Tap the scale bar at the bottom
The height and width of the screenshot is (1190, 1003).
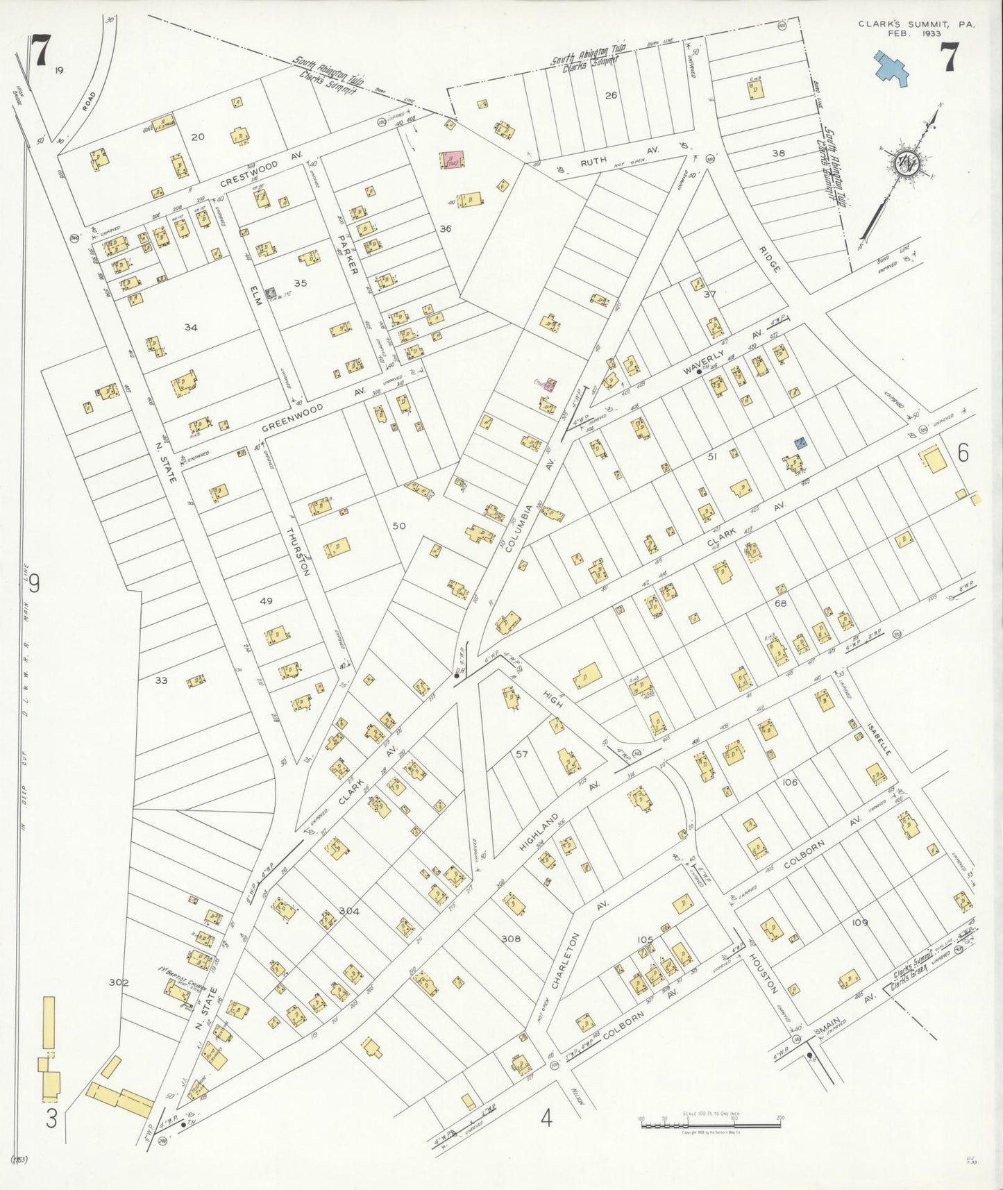coord(711,1120)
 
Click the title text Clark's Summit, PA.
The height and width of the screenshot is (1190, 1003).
coord(916,24)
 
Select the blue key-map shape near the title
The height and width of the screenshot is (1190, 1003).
coord(892,68)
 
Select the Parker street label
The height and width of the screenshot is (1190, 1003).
coord(348,254)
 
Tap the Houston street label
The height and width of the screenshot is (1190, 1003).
coord(764,972)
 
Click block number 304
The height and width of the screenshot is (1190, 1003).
coord(349,911)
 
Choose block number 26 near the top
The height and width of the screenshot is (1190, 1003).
coord(611,95)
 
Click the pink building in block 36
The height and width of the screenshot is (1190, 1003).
coord(455,160)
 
